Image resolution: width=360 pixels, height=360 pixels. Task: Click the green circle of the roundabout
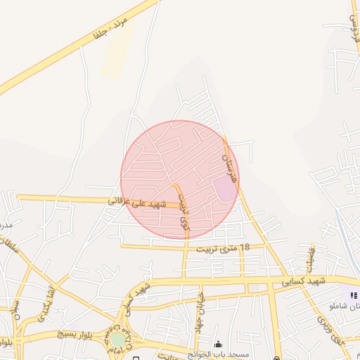click(118, 340)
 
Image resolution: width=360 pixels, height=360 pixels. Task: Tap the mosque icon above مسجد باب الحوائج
click(218, 344)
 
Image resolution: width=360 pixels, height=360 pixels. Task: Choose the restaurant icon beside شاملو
click(352, 295)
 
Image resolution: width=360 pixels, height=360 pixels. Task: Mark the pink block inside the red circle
click(225, 188)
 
